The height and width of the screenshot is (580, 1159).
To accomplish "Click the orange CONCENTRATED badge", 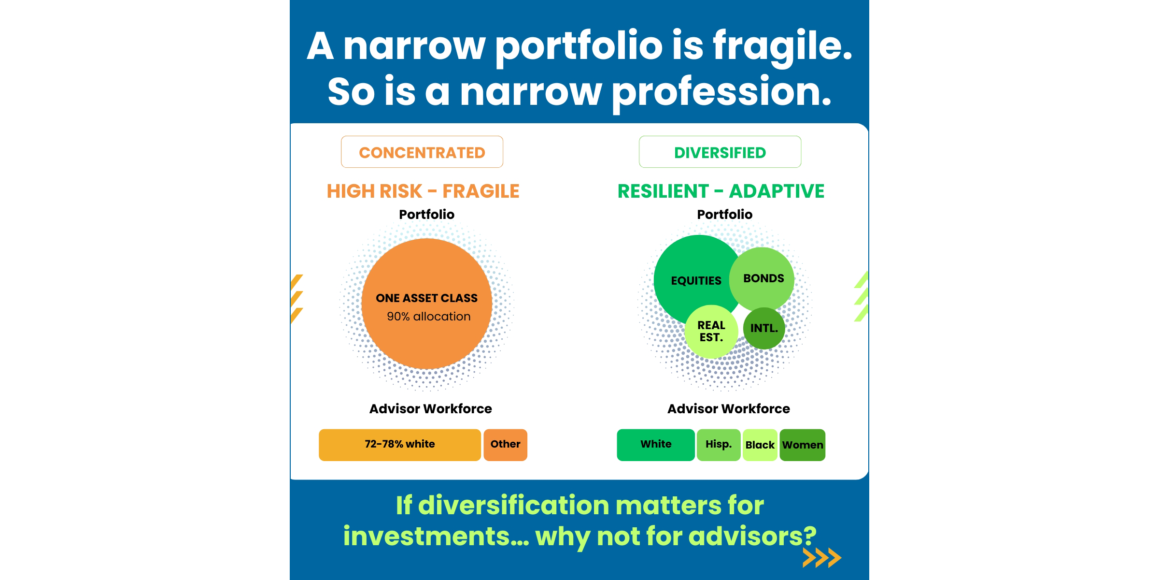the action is coord(422,152).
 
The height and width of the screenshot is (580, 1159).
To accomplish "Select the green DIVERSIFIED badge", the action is coord(720,152).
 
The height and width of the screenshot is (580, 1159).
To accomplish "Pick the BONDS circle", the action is coord(762,279).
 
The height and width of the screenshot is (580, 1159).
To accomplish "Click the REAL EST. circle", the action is coord(711,332).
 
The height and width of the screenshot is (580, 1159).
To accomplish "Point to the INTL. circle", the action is coord(764,328).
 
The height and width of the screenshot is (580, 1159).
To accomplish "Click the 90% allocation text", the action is coord(428,317).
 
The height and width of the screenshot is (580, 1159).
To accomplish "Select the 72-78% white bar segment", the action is coord(400,445).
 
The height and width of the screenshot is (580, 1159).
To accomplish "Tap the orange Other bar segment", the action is coord(505,445).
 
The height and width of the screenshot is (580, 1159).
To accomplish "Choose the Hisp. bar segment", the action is coord(719,445).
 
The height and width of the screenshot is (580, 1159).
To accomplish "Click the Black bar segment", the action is coord(760,445).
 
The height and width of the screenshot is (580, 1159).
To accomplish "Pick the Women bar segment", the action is coord(803,445).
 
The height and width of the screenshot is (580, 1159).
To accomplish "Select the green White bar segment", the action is coord(656,445).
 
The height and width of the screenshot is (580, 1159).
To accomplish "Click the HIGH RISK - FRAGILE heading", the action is coord(423,191).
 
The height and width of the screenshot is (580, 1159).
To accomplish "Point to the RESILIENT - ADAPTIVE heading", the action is coord(721,191).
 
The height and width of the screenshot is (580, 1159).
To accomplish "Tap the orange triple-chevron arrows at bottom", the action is coord(822,557).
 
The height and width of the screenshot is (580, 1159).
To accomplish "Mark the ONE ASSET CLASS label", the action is coord(427,298).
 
